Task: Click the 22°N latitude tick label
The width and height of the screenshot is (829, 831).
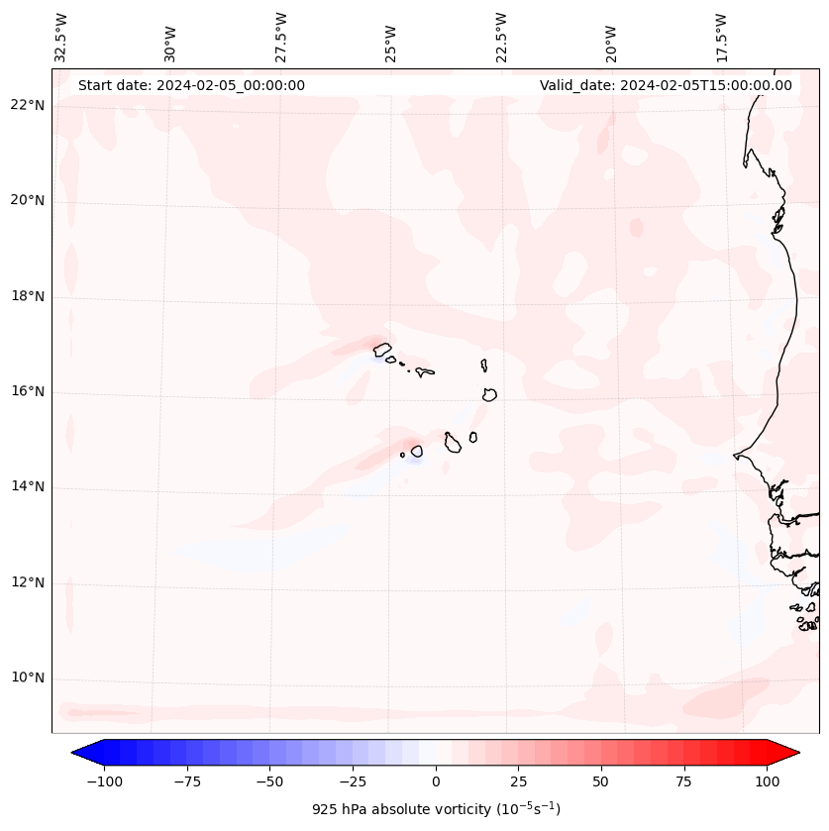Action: (x=28, y=106)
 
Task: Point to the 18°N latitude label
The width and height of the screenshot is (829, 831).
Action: (x=28, y=296)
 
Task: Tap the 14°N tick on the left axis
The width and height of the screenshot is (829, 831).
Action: (x=28, y=486)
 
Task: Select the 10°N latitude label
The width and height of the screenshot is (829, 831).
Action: (x=28, y=677)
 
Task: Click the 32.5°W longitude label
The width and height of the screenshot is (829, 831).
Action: (x=61, y=38)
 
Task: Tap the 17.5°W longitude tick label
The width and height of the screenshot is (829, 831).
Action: (x=721, y=38)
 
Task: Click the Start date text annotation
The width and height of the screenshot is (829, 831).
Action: (x=191, y=85)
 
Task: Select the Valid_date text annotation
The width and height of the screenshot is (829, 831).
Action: (x=666, y=85)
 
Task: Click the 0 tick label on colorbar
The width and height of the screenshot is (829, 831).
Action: (x=436, y=781)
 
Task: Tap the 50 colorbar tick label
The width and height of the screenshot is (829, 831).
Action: (x=601, y=781)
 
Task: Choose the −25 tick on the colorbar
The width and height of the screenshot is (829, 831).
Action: (x=353, y=781)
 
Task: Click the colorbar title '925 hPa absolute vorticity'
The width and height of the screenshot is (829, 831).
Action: (x=436, y=810)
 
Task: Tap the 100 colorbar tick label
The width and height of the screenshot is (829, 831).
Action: (x=767, y=781)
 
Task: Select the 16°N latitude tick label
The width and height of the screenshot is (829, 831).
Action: (x=28, y=391)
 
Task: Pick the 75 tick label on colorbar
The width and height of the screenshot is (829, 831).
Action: (x=683, y=781)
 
